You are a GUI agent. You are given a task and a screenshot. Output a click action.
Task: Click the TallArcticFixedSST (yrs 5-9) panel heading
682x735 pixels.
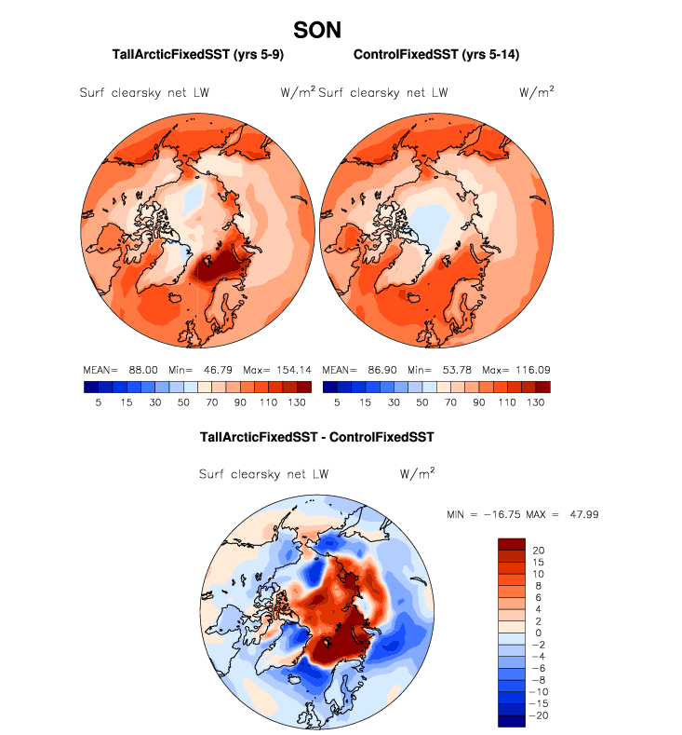[197, 56]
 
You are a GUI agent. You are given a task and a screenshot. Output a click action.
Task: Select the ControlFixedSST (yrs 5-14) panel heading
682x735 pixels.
[436, 56]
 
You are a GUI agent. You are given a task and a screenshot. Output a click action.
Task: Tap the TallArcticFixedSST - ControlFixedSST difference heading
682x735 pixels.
[317, 436]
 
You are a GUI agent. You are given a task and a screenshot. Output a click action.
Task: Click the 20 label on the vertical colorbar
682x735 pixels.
[538, 550]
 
